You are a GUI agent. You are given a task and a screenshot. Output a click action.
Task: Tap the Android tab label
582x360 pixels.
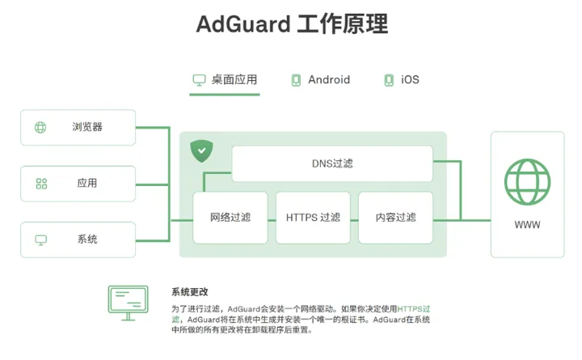point(329,79)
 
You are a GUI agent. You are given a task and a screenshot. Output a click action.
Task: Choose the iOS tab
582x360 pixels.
point(410,79)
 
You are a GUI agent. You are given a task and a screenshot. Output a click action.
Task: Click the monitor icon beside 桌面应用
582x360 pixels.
point(199,79)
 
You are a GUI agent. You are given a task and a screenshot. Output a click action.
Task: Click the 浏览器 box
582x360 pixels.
point(78,127)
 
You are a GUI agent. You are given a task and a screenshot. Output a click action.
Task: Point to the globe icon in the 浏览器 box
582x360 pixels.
point(40,127)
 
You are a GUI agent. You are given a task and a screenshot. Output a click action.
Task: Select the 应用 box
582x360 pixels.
point(78,184)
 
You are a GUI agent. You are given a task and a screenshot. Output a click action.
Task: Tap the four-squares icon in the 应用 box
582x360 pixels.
point(41,184)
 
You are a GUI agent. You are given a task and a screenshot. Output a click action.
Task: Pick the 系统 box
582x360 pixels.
point(78,239)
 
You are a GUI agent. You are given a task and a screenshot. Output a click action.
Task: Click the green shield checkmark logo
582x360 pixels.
point(201,150)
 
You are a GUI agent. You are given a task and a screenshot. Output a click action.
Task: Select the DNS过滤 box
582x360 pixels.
point(332,163)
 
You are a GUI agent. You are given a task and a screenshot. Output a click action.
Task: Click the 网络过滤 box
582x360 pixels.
point(230,218)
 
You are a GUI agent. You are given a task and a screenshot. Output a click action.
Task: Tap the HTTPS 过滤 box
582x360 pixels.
point(313,218)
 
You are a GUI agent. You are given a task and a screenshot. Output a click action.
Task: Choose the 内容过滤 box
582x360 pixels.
point(395,218)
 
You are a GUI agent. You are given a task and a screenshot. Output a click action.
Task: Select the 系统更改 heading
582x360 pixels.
point(189,292)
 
